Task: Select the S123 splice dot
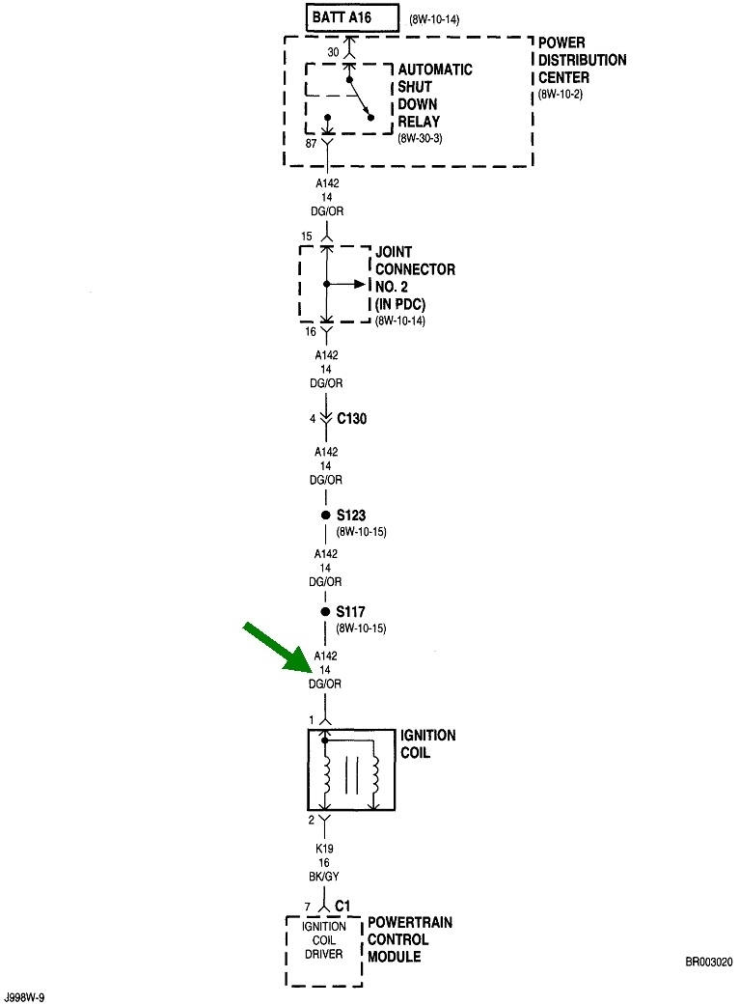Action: [325, 516]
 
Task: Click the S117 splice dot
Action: [325, 613]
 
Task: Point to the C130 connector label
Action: [353, 419]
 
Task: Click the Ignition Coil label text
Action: [427, 742]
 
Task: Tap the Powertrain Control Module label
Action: [409, 939]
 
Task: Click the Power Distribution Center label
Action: [582, 60]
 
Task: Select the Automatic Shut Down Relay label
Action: [435, 96]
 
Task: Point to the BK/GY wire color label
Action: [325, 876]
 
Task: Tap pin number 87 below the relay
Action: [311, 143]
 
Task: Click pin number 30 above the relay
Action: [333, 52]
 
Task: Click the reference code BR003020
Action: [709, 963]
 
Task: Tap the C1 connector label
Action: [342, 907]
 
